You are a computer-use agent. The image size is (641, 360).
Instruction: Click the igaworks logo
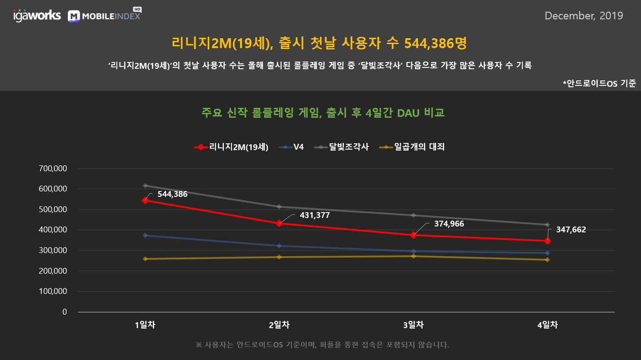[37, 15]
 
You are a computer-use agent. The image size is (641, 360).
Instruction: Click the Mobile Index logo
[105, 15]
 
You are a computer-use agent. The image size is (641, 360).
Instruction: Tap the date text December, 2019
[584, 16]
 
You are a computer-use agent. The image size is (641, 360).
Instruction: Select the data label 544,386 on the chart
[173, 194]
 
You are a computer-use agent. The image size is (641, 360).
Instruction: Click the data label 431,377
[315, 215]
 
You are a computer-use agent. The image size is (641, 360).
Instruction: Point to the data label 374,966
[449, 224]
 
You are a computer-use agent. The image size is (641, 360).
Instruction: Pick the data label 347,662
[571, 230]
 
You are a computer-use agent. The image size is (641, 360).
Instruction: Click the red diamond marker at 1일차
[145, 200]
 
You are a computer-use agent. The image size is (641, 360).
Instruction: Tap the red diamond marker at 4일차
[548, 241]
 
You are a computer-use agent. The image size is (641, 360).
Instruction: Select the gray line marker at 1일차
[145, 186]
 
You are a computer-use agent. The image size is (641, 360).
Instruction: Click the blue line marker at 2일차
[279, 246]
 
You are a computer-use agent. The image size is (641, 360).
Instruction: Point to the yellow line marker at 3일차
[414, 256]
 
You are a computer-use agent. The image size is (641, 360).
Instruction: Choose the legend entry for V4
[291, 147]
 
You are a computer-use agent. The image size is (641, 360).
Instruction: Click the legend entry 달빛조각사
[341, 147]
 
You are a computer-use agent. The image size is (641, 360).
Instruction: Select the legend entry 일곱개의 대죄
[412, 147]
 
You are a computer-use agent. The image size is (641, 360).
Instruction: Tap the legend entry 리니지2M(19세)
[231, 147]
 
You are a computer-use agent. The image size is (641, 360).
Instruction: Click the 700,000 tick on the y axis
[53, 169]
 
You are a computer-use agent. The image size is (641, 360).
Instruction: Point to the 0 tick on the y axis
[65, 312]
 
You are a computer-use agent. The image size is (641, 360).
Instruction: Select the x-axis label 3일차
[414, 325]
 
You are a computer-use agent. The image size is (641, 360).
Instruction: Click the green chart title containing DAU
[323, 112]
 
